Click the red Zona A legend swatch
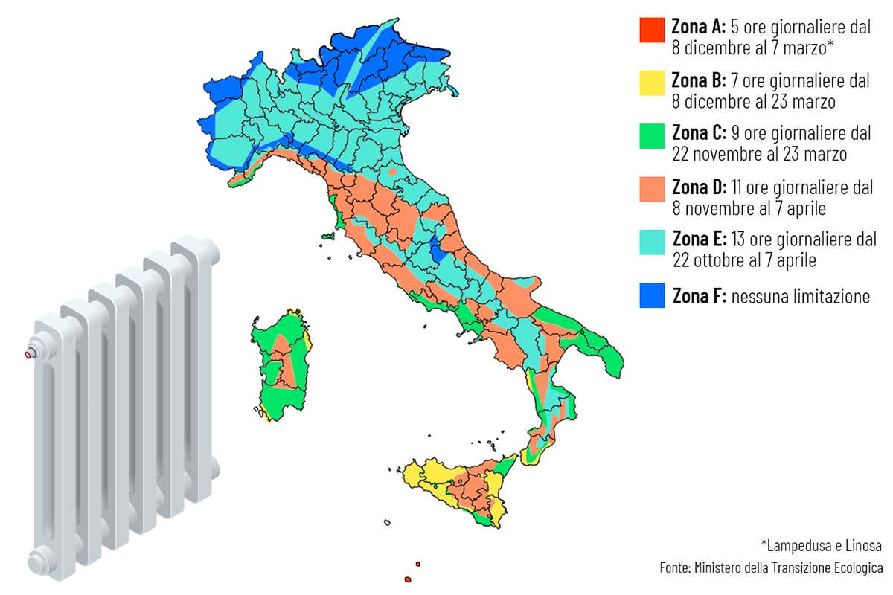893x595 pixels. click(651, 30)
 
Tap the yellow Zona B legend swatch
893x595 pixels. click(651, 83)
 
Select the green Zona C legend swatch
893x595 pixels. click(651, 136)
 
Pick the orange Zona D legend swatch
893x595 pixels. click(651, 189)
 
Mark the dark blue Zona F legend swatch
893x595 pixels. click(651, 295)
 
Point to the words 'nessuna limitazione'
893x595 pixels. click(800, 296)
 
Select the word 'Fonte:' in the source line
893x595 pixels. click(675, 568)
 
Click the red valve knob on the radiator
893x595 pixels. click(30, 354)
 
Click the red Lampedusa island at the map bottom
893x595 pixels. click(407, 578)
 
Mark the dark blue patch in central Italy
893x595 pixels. click(438, 248)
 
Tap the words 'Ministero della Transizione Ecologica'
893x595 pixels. click(789, 568)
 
